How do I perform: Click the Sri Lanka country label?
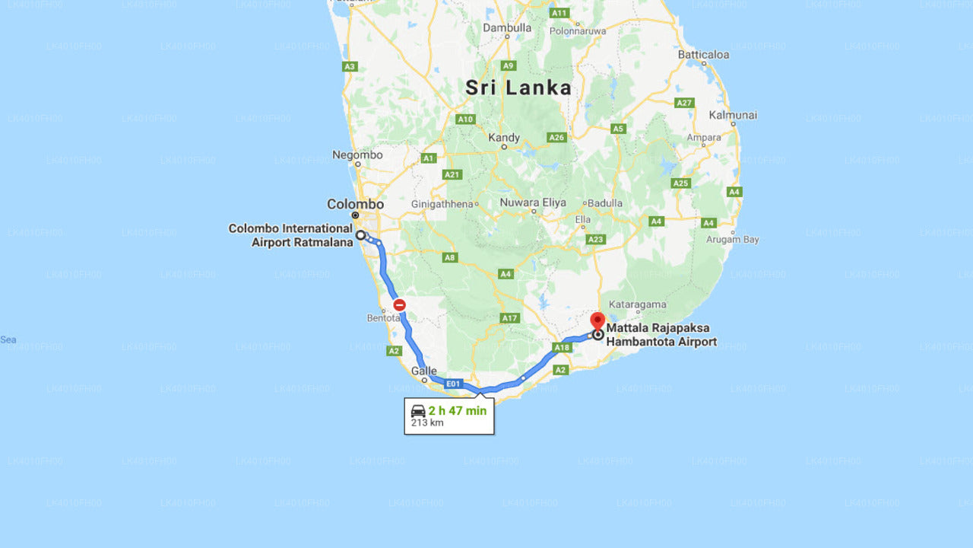click(x=518, y=88)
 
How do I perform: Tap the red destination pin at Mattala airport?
click(x=597, y=320)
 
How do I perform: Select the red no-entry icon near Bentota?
click(x=399, y=305)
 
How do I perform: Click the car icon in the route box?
click(x=418, y=411)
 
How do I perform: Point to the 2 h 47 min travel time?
click(x=457, y=411)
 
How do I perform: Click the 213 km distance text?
click(x=427, y=423)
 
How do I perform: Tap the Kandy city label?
click(x=504, y=138)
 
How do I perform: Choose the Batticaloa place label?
click(x=703, y=55)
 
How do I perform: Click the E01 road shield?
click(x=453, y=384)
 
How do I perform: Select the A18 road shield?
click(x=562, y=348)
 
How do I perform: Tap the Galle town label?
click(x=424, y=371)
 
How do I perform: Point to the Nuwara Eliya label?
click(x=533, y=203)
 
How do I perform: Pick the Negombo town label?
click(x=357, y=155)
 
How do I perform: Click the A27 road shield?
click(x=684, y=103)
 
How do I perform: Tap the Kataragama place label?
click(x=638, y=305)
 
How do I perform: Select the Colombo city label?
click(x=355, y=204)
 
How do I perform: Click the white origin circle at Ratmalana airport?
click(x=361, y=235)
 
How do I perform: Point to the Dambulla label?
click(x=507, y=28)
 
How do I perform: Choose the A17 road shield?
click(x=509, y=318)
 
